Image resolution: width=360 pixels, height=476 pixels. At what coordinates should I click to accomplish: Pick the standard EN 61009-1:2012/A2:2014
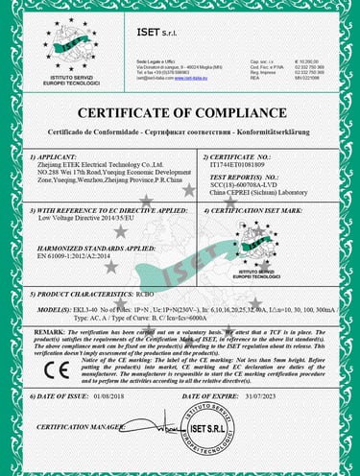coord(79,257)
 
